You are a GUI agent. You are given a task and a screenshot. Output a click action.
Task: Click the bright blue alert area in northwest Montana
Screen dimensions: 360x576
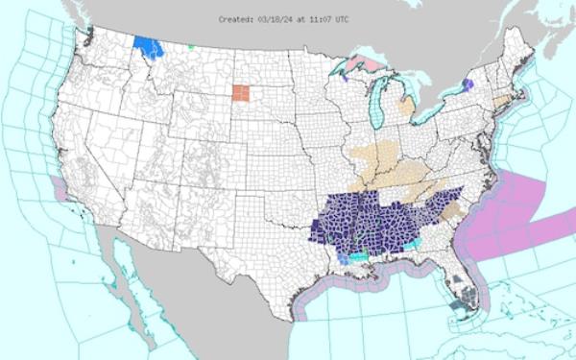(x=148, y=47)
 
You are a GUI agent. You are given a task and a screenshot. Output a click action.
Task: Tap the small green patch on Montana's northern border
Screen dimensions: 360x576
(x=191, y=46)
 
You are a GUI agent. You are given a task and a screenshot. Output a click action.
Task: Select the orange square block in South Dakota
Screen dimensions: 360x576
(x=240, y=93)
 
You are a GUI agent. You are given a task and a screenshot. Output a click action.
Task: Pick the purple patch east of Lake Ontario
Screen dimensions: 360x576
(x=468, y=85)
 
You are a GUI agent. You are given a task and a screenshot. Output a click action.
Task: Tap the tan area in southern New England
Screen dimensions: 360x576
(x=501, y=101)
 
